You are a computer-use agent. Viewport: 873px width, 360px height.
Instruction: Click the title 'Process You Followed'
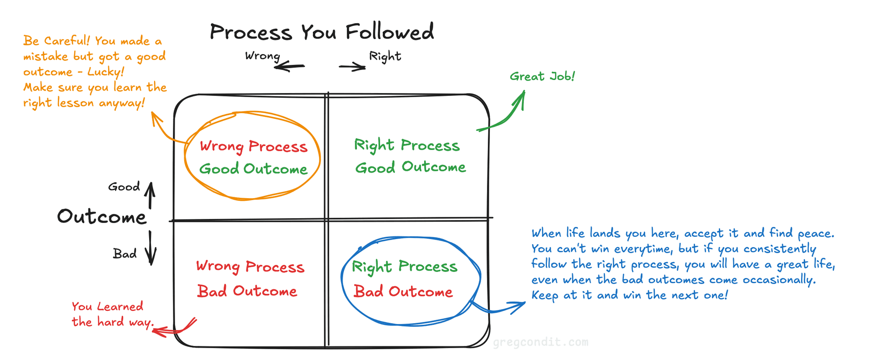321,32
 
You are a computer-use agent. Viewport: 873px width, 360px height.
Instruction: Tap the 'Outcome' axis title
102,217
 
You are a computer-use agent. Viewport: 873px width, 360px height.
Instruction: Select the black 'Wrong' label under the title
262,56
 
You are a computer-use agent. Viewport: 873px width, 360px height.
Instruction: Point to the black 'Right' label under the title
385,56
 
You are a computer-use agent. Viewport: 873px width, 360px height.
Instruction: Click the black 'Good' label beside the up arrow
124,187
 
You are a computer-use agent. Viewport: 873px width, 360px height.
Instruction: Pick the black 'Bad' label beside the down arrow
125,254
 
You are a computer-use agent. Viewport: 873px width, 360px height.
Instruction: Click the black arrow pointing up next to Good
150,195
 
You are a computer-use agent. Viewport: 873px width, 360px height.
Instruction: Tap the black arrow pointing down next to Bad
151,248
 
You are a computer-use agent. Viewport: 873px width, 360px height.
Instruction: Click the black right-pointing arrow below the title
352,67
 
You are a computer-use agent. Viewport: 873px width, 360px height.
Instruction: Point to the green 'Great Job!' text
542,76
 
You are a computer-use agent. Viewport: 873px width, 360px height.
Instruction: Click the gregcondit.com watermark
540,342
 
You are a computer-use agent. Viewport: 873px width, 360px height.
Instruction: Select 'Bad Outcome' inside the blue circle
403,291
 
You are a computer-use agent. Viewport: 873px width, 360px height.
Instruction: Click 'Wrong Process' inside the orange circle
253,146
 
